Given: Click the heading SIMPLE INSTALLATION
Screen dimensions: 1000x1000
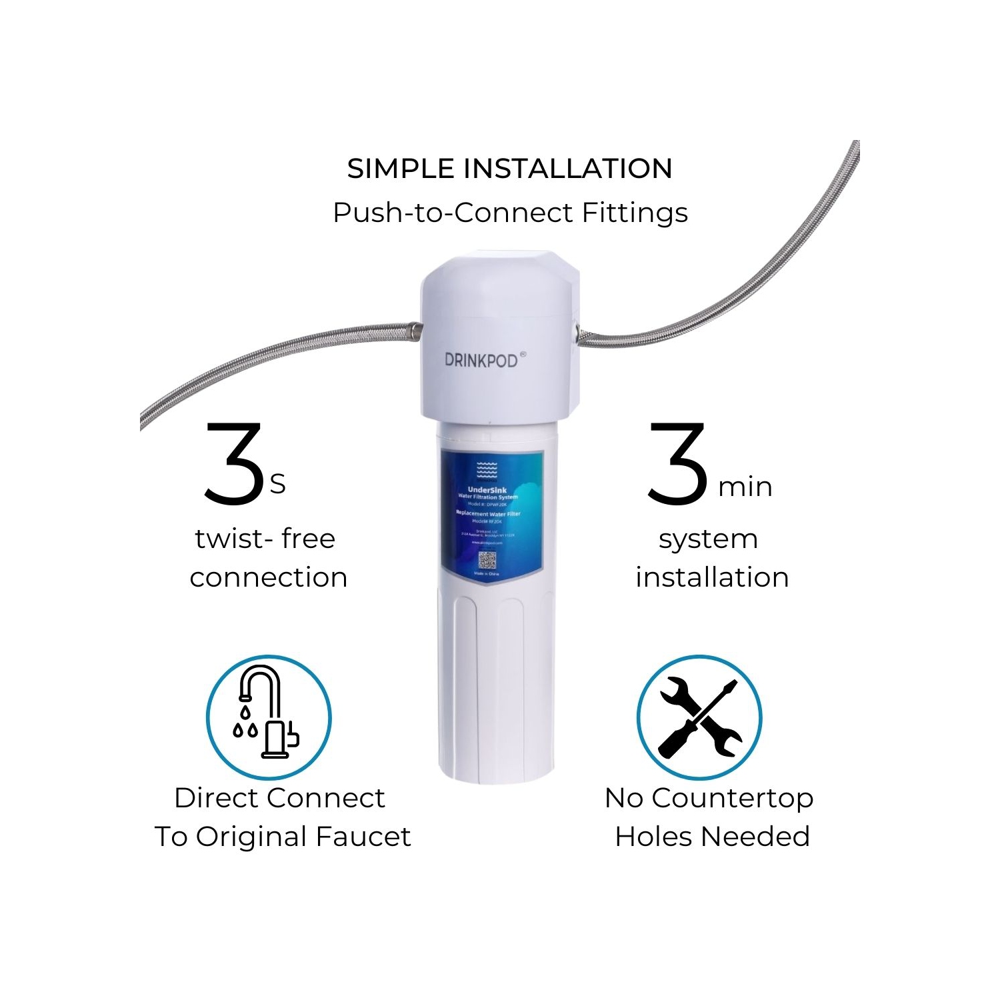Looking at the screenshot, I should point(509,169).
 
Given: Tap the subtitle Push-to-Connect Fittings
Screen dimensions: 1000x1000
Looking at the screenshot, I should point(510,213).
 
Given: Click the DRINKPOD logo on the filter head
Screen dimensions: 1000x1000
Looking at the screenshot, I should point(481,360).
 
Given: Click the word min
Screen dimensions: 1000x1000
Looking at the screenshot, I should point(745,487).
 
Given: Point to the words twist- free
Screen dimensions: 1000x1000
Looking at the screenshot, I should point(265,538).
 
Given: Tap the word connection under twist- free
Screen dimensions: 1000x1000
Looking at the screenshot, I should point(268,577).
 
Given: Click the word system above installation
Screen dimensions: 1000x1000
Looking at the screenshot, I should point(708,538).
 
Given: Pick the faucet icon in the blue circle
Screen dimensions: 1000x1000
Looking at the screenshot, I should point(268,717).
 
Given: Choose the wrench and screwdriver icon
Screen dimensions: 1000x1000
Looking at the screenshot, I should point(699,717).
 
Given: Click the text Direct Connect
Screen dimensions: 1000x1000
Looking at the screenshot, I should point(279,797).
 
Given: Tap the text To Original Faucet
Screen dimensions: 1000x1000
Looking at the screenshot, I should point(283,836).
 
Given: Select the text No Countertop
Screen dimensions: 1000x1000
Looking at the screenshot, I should point(709,797).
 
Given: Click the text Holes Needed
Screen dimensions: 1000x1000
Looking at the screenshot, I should point(712,836).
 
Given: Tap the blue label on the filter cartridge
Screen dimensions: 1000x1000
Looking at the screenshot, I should point(492,513).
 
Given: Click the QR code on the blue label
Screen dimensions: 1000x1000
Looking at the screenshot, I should point(487,559).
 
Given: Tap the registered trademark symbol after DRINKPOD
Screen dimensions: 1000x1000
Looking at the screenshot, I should point(523,355).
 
